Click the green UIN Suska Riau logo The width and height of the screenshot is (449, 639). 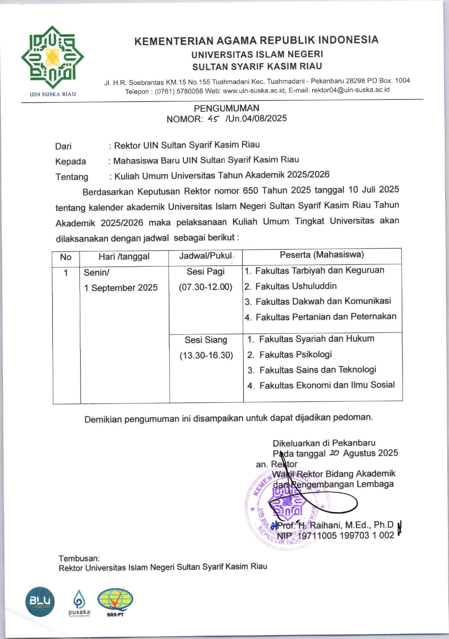pos(52,57)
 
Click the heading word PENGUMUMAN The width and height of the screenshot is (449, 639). pos(226,108)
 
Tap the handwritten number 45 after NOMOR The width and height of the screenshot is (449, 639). pos(213,119)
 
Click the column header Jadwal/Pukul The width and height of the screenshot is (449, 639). pos(205,256)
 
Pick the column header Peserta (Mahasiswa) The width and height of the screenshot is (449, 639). pos(322,255)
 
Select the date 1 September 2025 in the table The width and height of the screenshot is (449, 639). pos(121,288)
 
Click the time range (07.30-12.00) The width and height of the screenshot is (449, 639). pos(205,287)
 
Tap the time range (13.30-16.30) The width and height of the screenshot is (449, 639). pos(206,355)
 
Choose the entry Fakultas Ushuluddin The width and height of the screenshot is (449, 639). pos(296,286)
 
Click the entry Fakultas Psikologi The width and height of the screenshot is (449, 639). pos(295,355)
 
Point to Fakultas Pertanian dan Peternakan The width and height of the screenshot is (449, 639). pos(326,317)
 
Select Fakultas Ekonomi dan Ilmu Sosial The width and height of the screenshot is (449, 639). pos(327,385)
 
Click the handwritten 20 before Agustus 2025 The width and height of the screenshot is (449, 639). pos(334,453)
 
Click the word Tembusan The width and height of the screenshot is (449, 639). pos(79,558)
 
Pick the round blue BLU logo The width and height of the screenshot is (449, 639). pos(40,602)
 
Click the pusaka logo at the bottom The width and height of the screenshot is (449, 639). pos(79,603)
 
